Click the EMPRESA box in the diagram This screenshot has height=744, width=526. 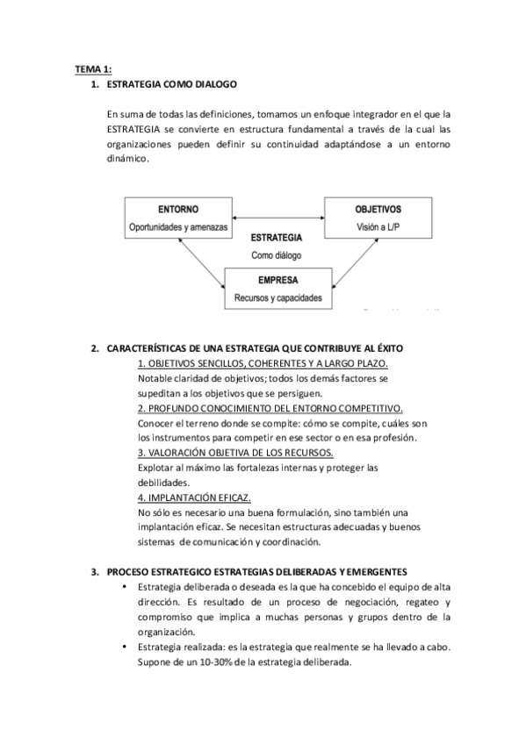point(277,290)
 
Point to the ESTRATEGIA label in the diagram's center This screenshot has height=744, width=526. point(277,238)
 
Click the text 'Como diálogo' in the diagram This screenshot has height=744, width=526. point(277,255)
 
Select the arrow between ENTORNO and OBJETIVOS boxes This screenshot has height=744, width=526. point(277,218)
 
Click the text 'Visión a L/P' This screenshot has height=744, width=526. point(378,226)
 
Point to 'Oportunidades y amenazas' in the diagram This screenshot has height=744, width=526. point(177,226)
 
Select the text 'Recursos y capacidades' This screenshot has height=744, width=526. point(277,298)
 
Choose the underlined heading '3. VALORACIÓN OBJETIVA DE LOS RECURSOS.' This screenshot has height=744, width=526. point(235,453)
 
